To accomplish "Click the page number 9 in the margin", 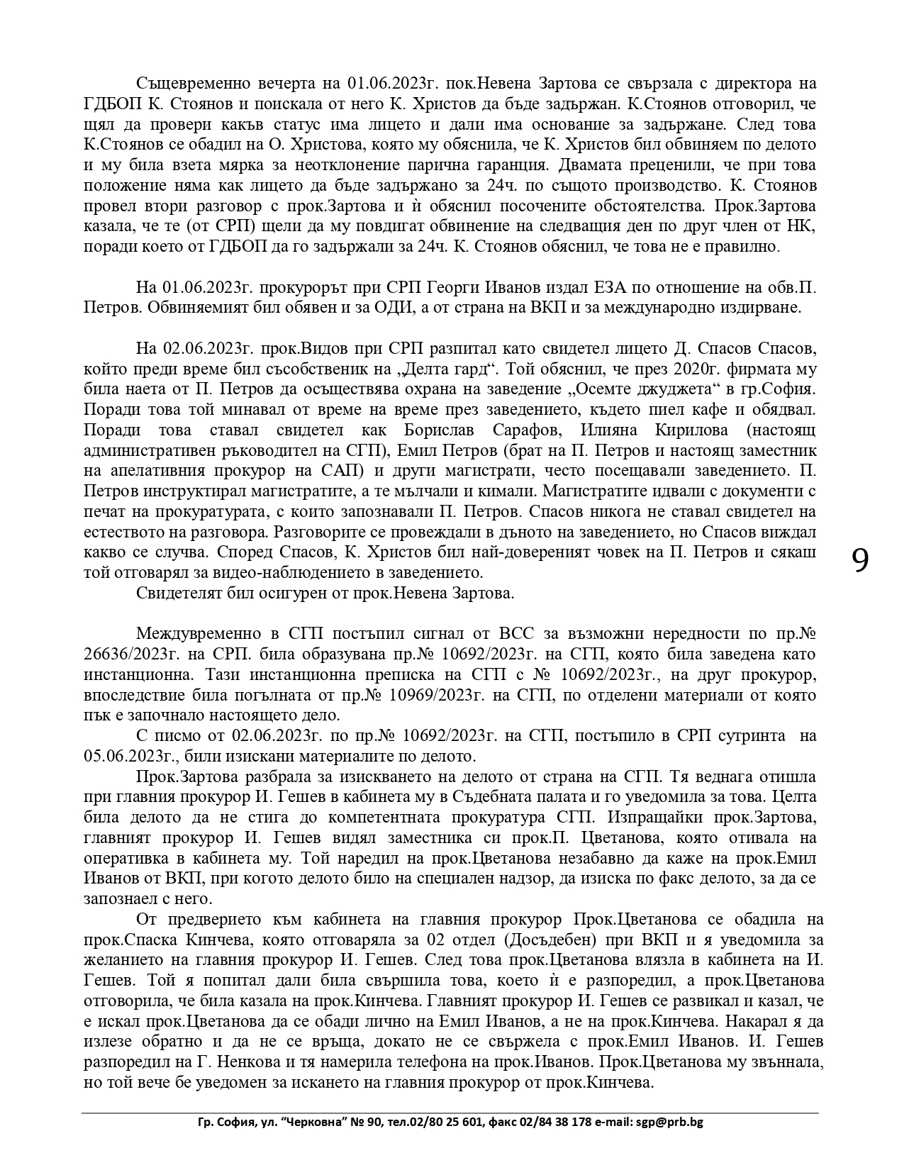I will coord(860,560).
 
